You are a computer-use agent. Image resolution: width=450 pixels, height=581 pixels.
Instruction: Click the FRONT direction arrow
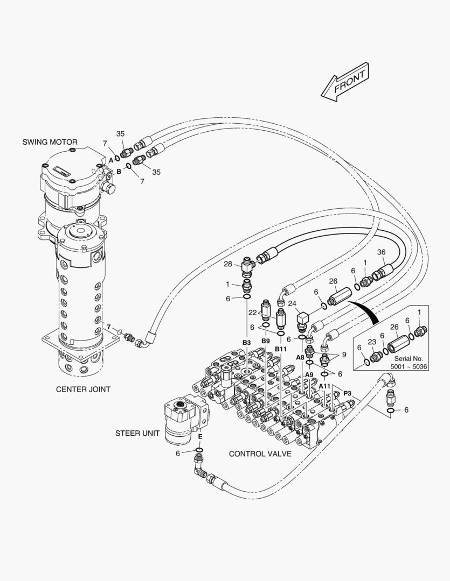(345, 82)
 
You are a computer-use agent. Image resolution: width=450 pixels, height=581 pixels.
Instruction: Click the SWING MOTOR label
(50, 142)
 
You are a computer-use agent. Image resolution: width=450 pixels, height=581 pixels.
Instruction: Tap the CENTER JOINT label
(83, 389)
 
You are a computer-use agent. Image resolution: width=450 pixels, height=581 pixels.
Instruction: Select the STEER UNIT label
(137, 433)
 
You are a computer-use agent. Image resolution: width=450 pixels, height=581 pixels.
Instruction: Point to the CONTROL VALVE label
(260, 454)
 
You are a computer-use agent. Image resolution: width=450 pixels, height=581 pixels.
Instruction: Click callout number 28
(228, 264)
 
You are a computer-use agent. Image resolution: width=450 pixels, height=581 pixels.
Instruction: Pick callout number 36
(382, 252)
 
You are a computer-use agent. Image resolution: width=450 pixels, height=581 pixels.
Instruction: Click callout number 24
(292, 304)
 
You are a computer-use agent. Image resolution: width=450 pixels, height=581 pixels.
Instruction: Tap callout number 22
(252, 313)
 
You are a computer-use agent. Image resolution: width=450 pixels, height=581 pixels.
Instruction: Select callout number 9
(344, 355)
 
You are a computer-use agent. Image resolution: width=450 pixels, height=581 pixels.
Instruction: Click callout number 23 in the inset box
(372, 342)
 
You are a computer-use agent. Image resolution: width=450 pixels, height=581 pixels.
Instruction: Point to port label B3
(246, 343)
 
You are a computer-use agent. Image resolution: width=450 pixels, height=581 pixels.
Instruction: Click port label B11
(281, 349)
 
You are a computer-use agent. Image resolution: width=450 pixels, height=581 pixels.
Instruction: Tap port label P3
(347, 393)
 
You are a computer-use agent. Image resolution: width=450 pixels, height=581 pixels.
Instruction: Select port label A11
(324, 386)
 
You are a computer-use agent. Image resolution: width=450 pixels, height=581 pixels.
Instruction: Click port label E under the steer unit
(200, 436)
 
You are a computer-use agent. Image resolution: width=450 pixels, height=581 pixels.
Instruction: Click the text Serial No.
(409, 359)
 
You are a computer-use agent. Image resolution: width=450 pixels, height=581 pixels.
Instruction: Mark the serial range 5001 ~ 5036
(409, 367)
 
